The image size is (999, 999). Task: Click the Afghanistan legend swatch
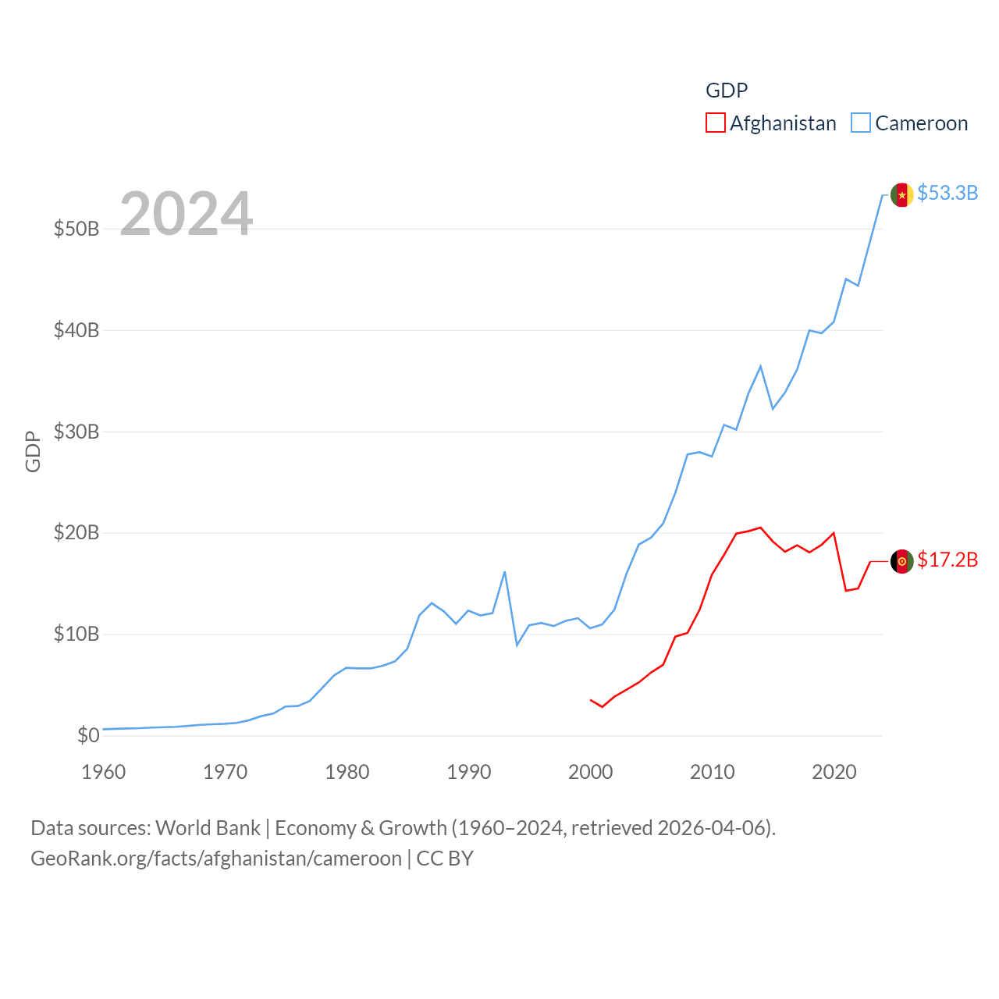(x=716, y=123)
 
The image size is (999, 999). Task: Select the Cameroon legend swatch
(x=861, y=123)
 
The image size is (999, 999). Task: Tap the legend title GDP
(x=727, y=91)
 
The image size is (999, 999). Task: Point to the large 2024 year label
(x=186, y=213)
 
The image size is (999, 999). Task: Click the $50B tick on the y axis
(x=76, y=229)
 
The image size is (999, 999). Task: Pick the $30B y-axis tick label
(x=76, y=432)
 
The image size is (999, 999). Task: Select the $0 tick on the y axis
(x=88, y=735)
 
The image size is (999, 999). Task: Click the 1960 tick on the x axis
(x=104, y=772)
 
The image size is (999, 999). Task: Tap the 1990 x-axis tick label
(x=469, y=772)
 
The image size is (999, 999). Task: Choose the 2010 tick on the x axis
(x=713, y=772)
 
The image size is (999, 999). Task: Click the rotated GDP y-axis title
(x=33, y=451)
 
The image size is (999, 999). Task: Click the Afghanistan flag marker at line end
(x=902, y=561)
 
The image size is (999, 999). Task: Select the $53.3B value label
(x=947, y=193)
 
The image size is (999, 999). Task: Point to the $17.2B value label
(x=947, y=560)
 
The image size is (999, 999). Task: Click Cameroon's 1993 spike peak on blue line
(x=505, y=572)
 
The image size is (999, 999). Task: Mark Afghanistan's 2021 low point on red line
(x=846, y=590)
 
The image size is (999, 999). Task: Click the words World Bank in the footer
(x=208, y=827)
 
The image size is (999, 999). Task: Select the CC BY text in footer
(x=445, y=859)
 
